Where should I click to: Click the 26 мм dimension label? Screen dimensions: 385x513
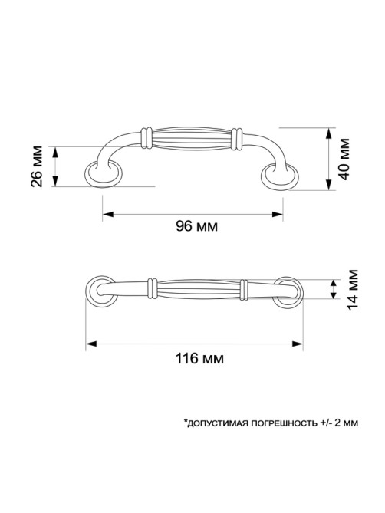37,166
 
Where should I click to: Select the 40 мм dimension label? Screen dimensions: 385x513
344,159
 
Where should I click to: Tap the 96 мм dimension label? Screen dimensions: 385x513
196,226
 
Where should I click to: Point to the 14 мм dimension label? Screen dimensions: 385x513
352,290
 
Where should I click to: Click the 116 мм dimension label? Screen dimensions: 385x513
200,359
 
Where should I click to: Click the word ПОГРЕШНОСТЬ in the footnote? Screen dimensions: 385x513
285,423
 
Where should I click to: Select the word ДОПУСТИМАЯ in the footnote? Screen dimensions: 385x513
218,423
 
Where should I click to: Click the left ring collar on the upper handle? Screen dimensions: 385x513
146,138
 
